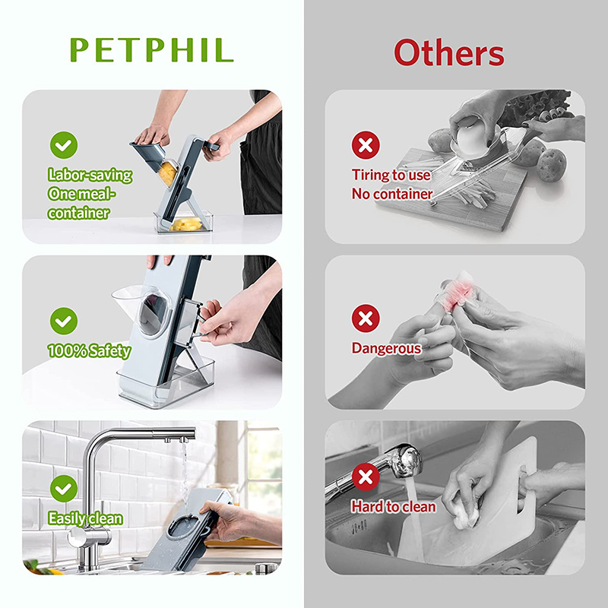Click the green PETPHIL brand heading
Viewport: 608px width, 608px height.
(151, 50)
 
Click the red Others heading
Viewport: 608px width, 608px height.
(448, 53)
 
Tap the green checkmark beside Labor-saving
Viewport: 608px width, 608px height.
(64, 144)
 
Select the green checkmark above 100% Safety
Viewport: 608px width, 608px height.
(64, 319)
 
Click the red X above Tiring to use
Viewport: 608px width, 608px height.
(366, 144)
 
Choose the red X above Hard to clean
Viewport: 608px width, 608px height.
(366, 477)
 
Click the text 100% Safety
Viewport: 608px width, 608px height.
(89, 351)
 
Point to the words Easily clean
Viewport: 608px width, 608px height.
(85, 519)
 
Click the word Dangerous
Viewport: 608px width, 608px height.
(385, 348)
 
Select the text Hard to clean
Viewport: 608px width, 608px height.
(393, 506)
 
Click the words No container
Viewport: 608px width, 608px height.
(391, 194)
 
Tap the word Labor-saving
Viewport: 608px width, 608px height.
(90, 175)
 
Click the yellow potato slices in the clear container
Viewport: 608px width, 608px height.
(187, 223)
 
